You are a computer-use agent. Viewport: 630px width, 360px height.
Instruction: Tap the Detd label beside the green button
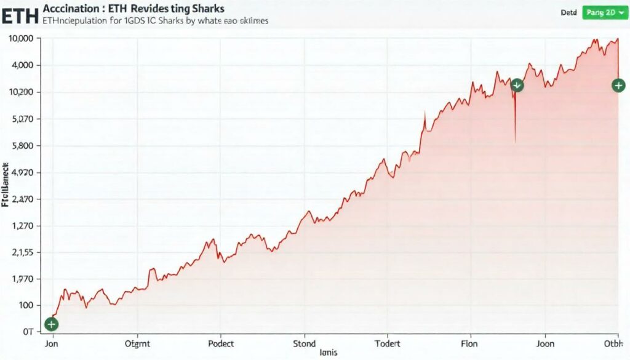(x=568, y=12)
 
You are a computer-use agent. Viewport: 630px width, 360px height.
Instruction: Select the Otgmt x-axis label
(x=137, y=344)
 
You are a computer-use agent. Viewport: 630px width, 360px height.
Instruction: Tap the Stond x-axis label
(x=304, y=344)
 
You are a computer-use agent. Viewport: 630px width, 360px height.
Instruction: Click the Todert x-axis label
(x=388, y=344)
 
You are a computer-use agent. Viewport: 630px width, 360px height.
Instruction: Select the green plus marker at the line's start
(x=52, y=324)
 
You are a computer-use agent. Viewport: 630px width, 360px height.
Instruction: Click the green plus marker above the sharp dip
(x=517, y=86)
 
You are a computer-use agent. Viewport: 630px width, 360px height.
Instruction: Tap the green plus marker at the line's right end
(x=618, y=86)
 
